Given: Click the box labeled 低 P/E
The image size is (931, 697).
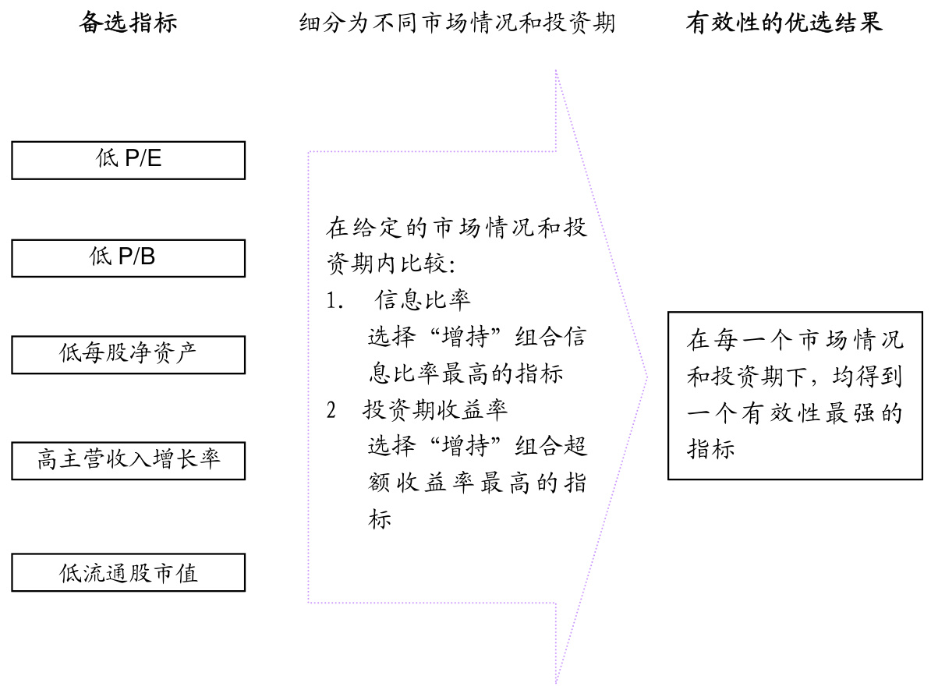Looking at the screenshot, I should click(129, 160).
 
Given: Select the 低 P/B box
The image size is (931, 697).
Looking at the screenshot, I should click(129, 257).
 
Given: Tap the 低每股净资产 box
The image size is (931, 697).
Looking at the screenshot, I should click(129, 354).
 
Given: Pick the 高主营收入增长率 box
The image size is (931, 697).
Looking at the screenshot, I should click(129, 459).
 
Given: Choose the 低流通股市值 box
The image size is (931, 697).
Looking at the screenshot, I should click(129, 572).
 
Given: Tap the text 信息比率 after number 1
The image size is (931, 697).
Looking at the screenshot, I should click(423, 301).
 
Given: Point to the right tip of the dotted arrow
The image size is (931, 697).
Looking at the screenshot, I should click(646, 378).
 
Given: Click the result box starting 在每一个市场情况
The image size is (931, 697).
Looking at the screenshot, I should click(795, 395).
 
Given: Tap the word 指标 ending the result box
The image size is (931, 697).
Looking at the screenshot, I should click(710, 449).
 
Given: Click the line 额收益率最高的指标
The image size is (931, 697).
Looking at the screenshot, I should click(476, 484).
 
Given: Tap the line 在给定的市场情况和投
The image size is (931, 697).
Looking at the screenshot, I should click(458, 229).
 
